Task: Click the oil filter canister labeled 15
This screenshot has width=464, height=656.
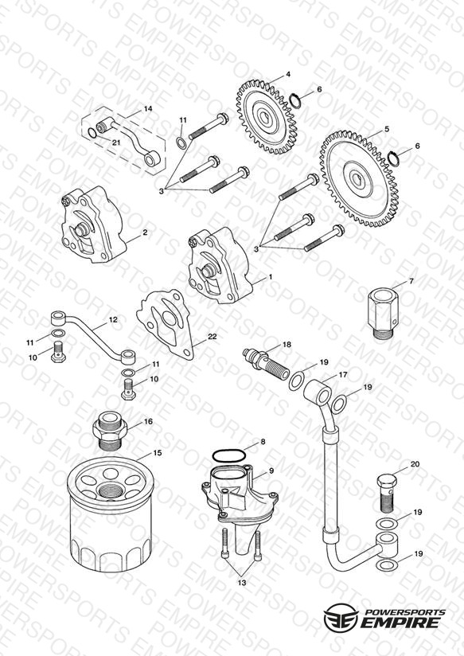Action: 111,513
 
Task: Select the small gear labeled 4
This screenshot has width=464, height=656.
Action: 267,118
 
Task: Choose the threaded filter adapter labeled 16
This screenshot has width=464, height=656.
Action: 109,431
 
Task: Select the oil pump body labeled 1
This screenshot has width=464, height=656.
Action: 220,266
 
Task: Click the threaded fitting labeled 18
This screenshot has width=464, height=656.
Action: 266,362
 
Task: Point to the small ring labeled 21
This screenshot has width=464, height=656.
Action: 92,133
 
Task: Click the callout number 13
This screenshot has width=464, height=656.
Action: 242,583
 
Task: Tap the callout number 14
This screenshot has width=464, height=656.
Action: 148,109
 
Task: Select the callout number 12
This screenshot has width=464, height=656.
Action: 113,319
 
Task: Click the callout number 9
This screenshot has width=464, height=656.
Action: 271,471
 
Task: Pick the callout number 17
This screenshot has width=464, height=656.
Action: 343,375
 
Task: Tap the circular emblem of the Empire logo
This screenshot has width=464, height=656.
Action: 341,617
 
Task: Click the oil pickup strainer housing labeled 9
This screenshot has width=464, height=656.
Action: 240,507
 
